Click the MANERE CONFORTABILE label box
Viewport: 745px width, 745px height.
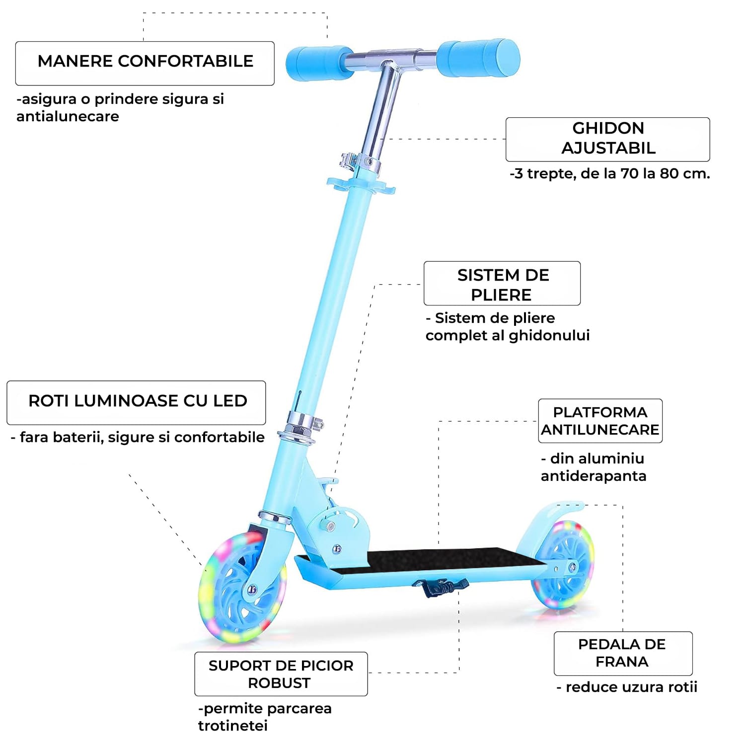(145, 63)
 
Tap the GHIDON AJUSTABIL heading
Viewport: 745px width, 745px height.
(607, 139)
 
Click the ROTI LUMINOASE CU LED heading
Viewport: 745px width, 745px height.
(137, 401)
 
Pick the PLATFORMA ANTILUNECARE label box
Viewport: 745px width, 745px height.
(600, 421)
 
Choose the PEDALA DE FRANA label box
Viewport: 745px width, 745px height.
(622, 653)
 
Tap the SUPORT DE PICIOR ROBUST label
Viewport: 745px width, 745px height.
(281, 674)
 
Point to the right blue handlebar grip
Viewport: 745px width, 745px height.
(478, 58)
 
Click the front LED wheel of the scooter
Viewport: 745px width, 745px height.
(242, 589)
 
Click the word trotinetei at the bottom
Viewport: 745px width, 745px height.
(232, 726)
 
